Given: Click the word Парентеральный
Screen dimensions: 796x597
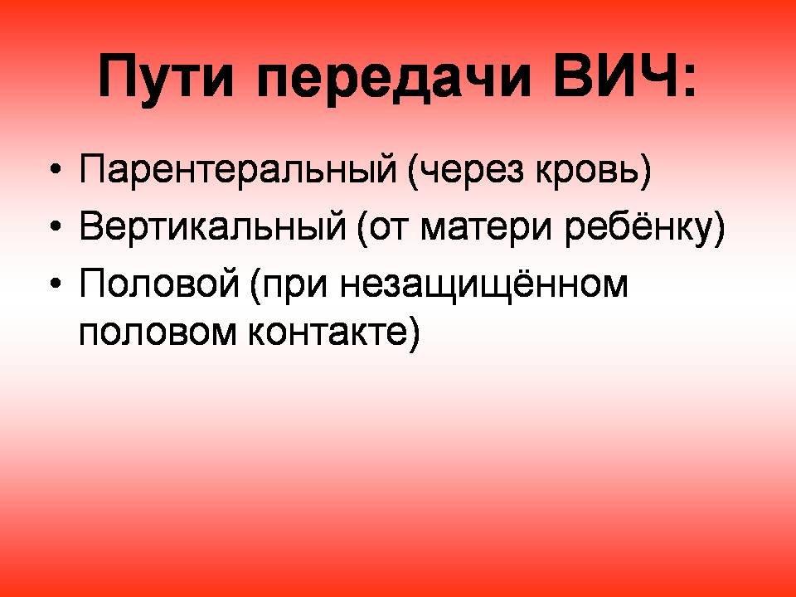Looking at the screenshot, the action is click(238, 168).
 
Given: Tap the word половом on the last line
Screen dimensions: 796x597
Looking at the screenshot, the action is click(158, 332).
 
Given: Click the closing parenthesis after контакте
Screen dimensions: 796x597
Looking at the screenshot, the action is click(414, 333).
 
